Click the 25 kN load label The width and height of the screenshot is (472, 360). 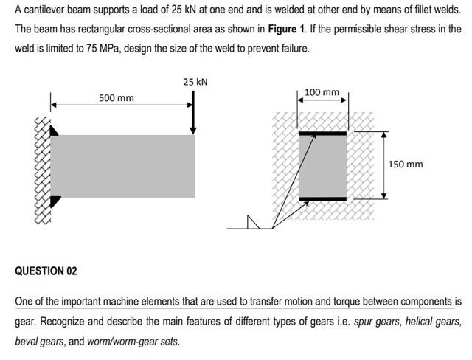pyautogui.click(x=195, y=81)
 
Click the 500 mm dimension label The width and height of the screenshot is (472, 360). pyautogui.click(x=117, y=98)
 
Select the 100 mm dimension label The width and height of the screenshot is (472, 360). pyautogui.click(x=322, y=92)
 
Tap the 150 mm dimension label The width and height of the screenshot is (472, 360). pyautogui.click(x=406, y=164)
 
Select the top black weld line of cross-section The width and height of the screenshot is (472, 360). pyautogui.click(x=322, y=134)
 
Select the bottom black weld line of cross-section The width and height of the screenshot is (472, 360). pyautogui.click(x=322, y=199)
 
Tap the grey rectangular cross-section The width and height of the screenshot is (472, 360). pyautogui.click(x=322, y=166)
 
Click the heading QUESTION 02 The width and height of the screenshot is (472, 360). pyautogui.click(x=46, y=271)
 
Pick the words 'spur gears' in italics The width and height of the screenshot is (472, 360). pyautogui.click(x=375, y=322)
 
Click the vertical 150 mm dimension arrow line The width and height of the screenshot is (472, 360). pyautogui.click(x=383, y=165)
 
